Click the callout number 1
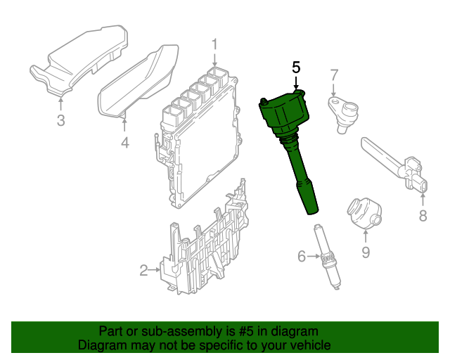(214, 44)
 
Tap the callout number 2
(143, 270)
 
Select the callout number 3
(60, 120)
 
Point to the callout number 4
(125, 143)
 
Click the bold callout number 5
(296, 67)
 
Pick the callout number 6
(302, 256)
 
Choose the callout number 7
(334, 75)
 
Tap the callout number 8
(423, 216)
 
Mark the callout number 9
(366, 252)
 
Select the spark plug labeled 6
(327, 257)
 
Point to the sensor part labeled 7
(344, 113)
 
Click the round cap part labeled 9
(364, 213)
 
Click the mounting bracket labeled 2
(204, 244)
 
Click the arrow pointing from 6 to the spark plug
(314, 256)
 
